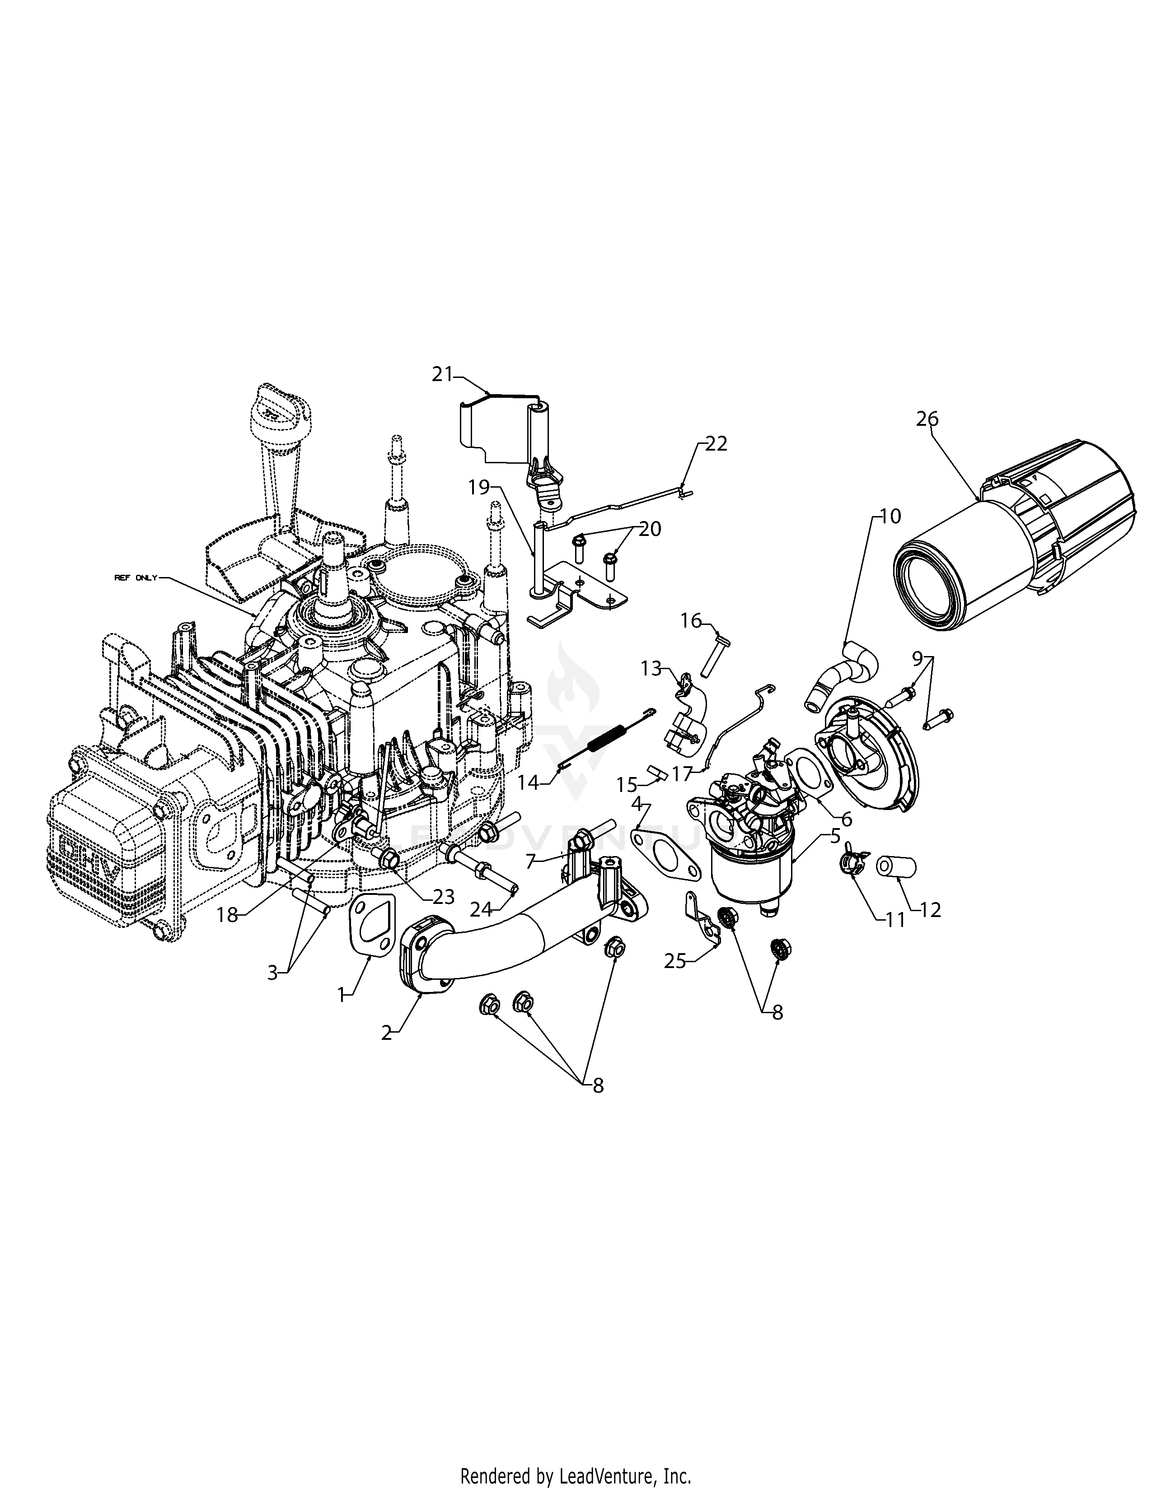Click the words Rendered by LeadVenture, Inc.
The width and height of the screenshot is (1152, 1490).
(x=575, y=1471)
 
